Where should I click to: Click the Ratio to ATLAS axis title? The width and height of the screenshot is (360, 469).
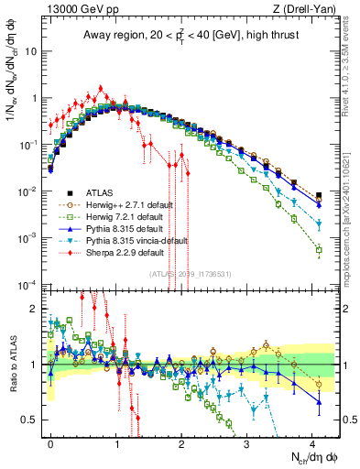pyautogui.click(x=12, y=364)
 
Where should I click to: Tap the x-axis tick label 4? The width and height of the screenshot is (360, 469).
pyautogui.click(x=313, y=441)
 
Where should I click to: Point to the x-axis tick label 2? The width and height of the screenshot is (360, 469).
pyautogui.click(x=182, y=441)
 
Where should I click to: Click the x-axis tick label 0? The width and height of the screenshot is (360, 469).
pyautogui.click(x=51, y=441)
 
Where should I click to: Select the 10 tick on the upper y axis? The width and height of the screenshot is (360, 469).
pyautogui.click(x=33, y=51)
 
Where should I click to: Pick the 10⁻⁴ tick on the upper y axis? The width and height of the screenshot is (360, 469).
pyautogui.click(x=29, y=284)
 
